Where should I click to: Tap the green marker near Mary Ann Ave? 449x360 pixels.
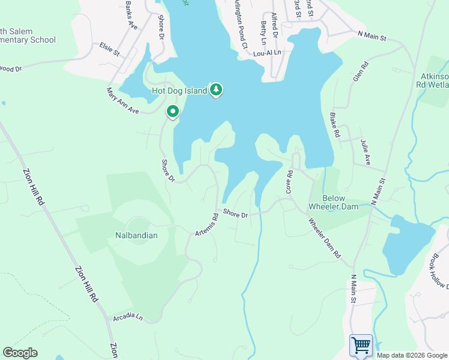coord(173,112)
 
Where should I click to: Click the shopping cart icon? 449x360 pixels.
coord(361,346)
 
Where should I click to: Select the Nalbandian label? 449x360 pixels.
coord(136,235)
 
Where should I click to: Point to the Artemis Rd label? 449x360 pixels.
coord(207,224)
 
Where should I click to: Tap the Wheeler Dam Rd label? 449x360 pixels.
coord(325,238)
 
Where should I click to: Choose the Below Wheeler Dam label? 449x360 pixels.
coord(333,202)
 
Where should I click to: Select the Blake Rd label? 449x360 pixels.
coord(335,124)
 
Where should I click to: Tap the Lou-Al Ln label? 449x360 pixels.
coord(267,53)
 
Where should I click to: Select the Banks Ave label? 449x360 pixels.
coord(132,19)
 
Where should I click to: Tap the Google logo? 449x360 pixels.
coord(20,353)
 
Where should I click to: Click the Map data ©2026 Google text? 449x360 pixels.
coord(412,355)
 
